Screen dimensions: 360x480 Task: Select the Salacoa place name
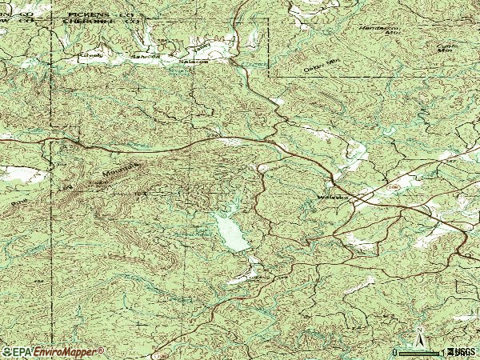pos(192,60)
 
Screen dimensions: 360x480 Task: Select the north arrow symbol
pos(419,336)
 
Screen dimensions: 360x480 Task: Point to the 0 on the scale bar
pos(395,353)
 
